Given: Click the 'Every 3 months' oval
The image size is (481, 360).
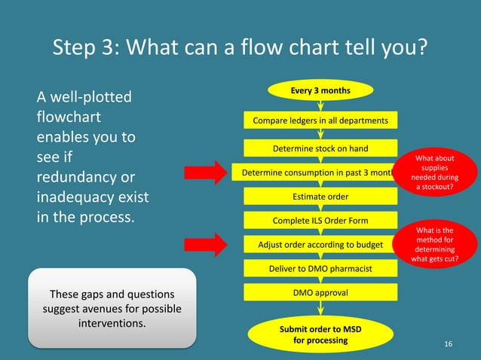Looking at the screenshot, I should [x=320, y=90].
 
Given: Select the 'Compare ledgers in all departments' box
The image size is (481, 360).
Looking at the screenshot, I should [x=320, y=121].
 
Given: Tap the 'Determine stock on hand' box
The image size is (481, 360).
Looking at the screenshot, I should [x=320, y=148].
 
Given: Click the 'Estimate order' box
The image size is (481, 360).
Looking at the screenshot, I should [x=320, y=197].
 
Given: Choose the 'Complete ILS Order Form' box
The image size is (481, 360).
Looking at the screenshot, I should [x=320, y=221].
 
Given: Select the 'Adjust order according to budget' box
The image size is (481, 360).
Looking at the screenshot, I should [x=320, y=245].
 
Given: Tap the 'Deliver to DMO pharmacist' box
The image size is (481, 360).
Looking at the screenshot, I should [x=320, y=268].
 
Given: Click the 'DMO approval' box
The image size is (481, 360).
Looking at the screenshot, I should [x=320, y=292].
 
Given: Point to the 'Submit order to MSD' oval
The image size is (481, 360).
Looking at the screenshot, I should [x=320, y=334].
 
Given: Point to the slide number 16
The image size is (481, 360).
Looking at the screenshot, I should [x=449, y=344].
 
